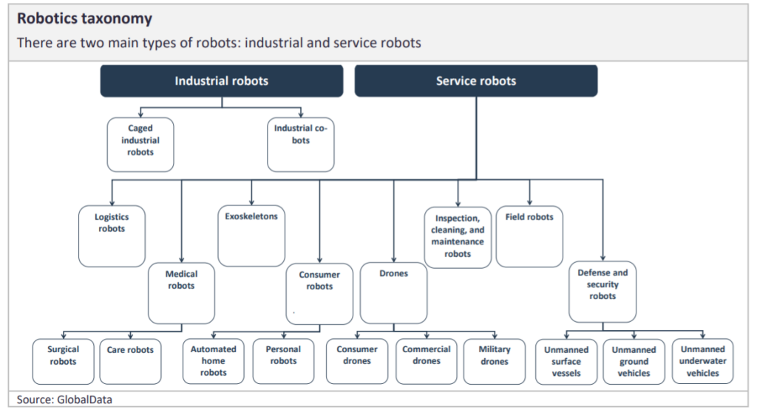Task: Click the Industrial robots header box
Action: [x=221, y=81]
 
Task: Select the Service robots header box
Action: [x=475, y=81]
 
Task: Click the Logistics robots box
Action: [x=112, y=236]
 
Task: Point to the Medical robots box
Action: [x=181, y=292]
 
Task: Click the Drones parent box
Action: [x=393, y=292]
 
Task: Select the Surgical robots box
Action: [x=64, y=361]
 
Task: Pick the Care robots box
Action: [x=130, y=361]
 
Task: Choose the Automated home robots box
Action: [x=214, y=361]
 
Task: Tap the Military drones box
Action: [x=494, y=361]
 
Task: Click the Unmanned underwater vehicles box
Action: [x=702, y=361]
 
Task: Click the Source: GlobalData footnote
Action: [x=65, y=399]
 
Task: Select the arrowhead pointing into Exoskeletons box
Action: [x=251, y=202]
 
